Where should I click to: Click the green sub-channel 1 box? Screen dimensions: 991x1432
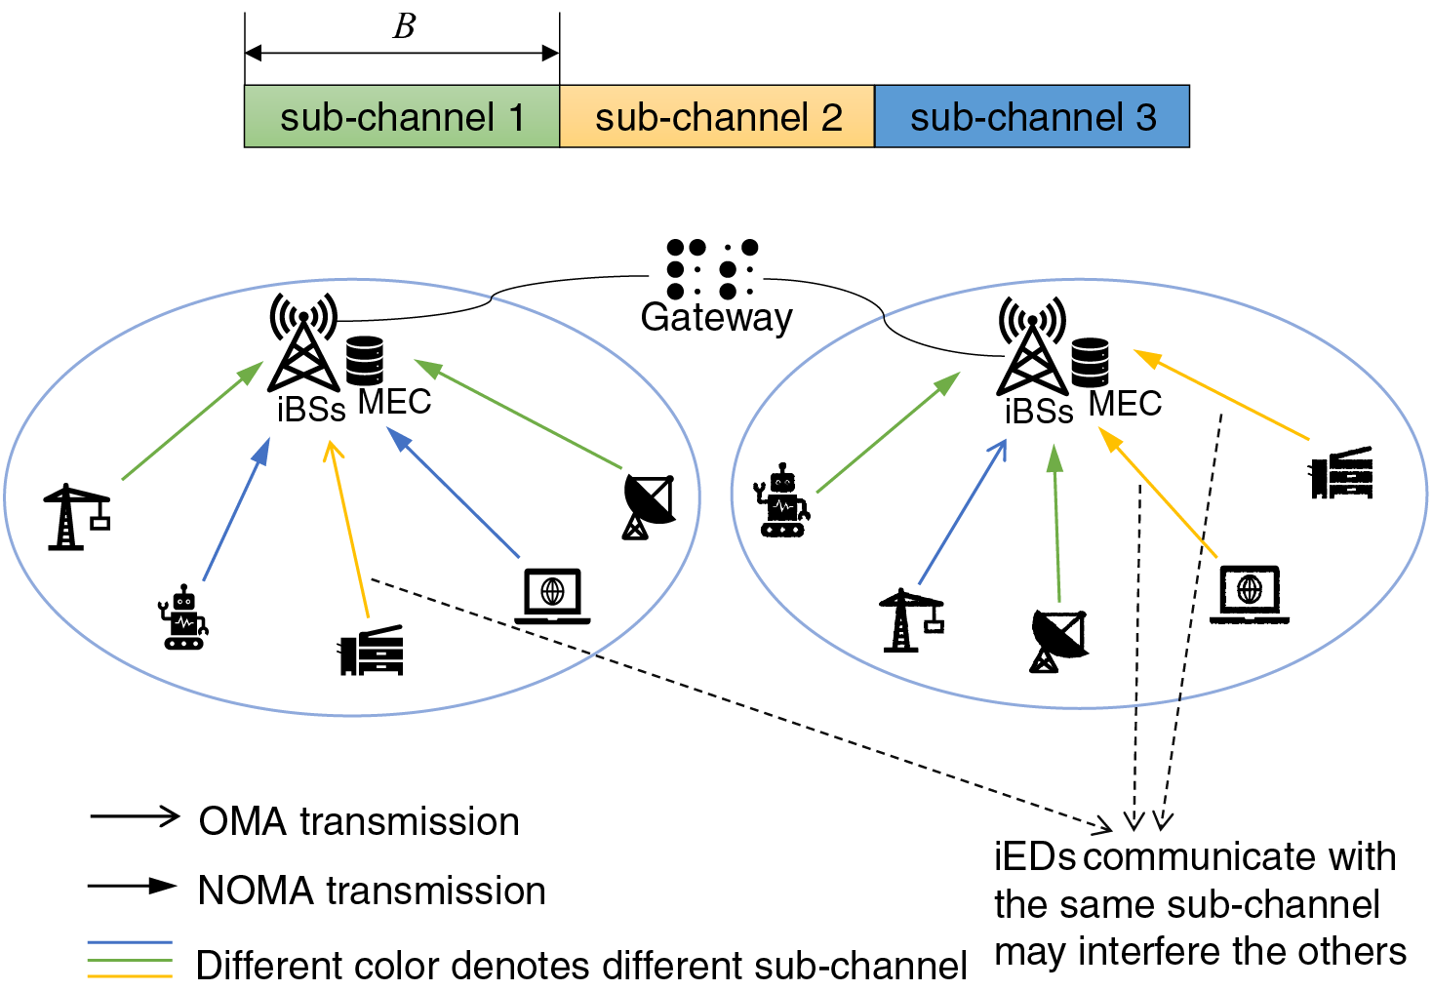[x=401, y=117]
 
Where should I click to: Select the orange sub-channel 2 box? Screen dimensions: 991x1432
[x=717, y=117]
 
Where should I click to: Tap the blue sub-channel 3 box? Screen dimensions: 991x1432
[x=1032, y=117]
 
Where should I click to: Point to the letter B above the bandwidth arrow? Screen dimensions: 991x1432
[x=404, y=26]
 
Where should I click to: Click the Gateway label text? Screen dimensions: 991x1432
[x=716, y=317]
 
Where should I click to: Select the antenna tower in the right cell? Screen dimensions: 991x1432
[x=1032, y=346]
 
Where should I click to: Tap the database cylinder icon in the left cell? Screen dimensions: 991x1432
[x=365, y=360]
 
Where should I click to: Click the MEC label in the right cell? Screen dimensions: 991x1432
[x=1125, y=403]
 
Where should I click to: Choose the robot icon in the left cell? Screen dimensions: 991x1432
[x=183, y=618]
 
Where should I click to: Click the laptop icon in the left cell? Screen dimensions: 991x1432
[x=552, y=596]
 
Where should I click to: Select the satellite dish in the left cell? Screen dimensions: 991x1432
[x=648, y=506]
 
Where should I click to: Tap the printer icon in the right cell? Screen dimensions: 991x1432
[x=1342, y=473]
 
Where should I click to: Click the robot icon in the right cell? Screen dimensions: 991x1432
[x=782, y=501]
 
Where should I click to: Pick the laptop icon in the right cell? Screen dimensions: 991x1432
[x=1250, y=593]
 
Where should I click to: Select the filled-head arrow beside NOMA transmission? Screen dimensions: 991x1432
[x=133, y=886]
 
